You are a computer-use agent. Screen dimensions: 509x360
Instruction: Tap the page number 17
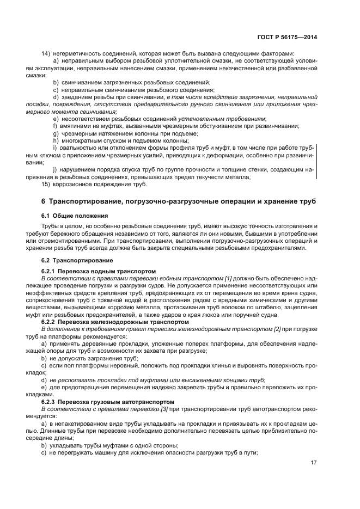(x=314, y=463)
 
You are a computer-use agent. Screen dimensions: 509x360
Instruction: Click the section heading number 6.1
(x=46, y=216)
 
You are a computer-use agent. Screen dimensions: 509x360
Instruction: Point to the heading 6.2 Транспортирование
(x=74, y=260)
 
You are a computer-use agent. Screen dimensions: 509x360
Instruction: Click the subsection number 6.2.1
(x=50, y=271)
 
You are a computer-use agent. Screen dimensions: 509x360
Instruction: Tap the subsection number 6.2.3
(x=50, y=402)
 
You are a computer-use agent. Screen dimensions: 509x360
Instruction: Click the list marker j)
(x=55, y=170)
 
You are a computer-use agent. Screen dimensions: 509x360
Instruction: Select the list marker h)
(x=56, y=140)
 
